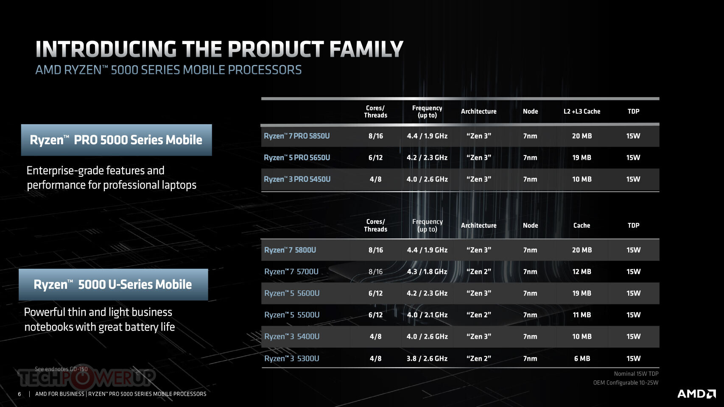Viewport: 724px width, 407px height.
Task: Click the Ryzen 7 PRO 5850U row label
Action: tap(297, 136)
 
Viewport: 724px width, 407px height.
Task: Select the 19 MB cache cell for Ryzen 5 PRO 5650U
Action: tap(582, 158)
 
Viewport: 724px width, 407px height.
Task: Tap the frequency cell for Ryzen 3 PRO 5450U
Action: tap(427, 179)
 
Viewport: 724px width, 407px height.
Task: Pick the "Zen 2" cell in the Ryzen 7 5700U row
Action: tap(479, 272)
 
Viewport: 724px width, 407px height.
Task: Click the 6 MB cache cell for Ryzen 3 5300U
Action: tap(582, 359)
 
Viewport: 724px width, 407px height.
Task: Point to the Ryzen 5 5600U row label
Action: tap(292, 293)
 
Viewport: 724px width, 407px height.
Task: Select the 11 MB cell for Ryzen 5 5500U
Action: tap(582, 315)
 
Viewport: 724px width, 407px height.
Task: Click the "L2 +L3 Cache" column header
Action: tap(582, 112)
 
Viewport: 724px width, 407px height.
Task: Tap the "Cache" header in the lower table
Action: tap(582, 226)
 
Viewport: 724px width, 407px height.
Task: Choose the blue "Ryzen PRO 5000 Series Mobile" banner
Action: tap(116, 140)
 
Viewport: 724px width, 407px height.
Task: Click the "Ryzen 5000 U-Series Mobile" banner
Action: tap(113, 284)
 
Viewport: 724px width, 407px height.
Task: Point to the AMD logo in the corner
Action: tap(697, 394)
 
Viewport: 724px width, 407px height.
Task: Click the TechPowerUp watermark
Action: tap(87, 378)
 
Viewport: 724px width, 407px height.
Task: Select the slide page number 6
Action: tap(20, 394)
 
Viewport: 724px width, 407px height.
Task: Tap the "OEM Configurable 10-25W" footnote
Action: tap(626, 383)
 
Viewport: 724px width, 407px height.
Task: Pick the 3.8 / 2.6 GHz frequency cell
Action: tap(427, 359)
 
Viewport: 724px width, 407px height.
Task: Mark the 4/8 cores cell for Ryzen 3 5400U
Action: tap(376, 337)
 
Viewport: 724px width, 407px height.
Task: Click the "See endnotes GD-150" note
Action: tap(61, 369)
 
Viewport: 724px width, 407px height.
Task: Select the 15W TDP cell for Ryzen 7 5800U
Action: tap(633, 250)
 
